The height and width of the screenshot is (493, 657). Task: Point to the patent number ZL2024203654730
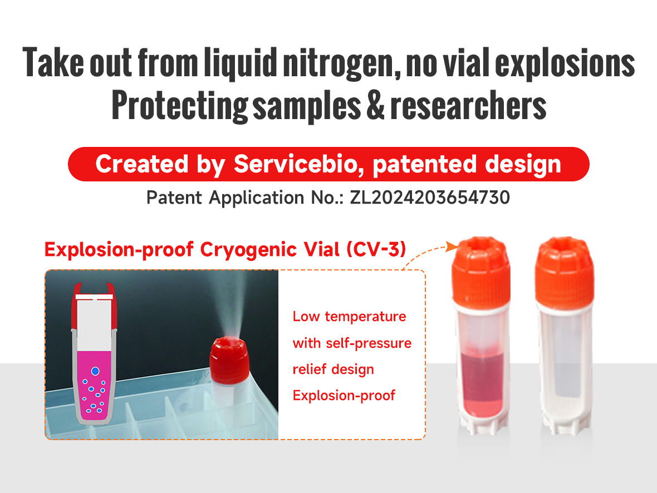[429, 197]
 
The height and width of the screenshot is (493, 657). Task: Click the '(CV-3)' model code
[375, 250]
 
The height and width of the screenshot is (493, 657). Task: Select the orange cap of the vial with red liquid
[481, 269]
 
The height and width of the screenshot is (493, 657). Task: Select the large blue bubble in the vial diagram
[95, 371]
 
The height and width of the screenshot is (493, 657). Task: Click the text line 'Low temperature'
[349, 317]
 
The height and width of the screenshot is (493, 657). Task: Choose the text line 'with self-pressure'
[352, 343]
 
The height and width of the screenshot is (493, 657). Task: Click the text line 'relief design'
[333, 369]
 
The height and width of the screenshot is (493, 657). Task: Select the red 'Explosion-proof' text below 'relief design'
[344, 396]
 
